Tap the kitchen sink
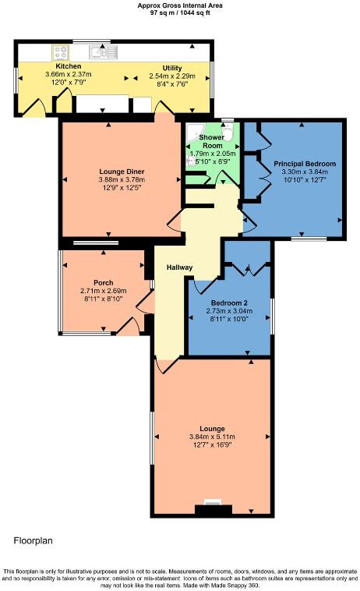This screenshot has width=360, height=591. click(102, 52)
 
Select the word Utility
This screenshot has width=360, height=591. click(172, 68)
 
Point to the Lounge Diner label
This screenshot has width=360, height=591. click(122, 172)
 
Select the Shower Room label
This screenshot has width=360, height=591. click(212, 141)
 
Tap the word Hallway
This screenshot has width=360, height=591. click(178, 267)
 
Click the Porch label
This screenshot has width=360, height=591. click(103, 282)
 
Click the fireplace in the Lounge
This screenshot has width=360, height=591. click(212, 507)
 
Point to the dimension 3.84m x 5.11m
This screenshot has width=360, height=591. click(212, 437)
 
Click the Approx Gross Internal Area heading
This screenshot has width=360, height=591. click(179, 5)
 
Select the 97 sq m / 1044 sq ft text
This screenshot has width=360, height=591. click(179, 12)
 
